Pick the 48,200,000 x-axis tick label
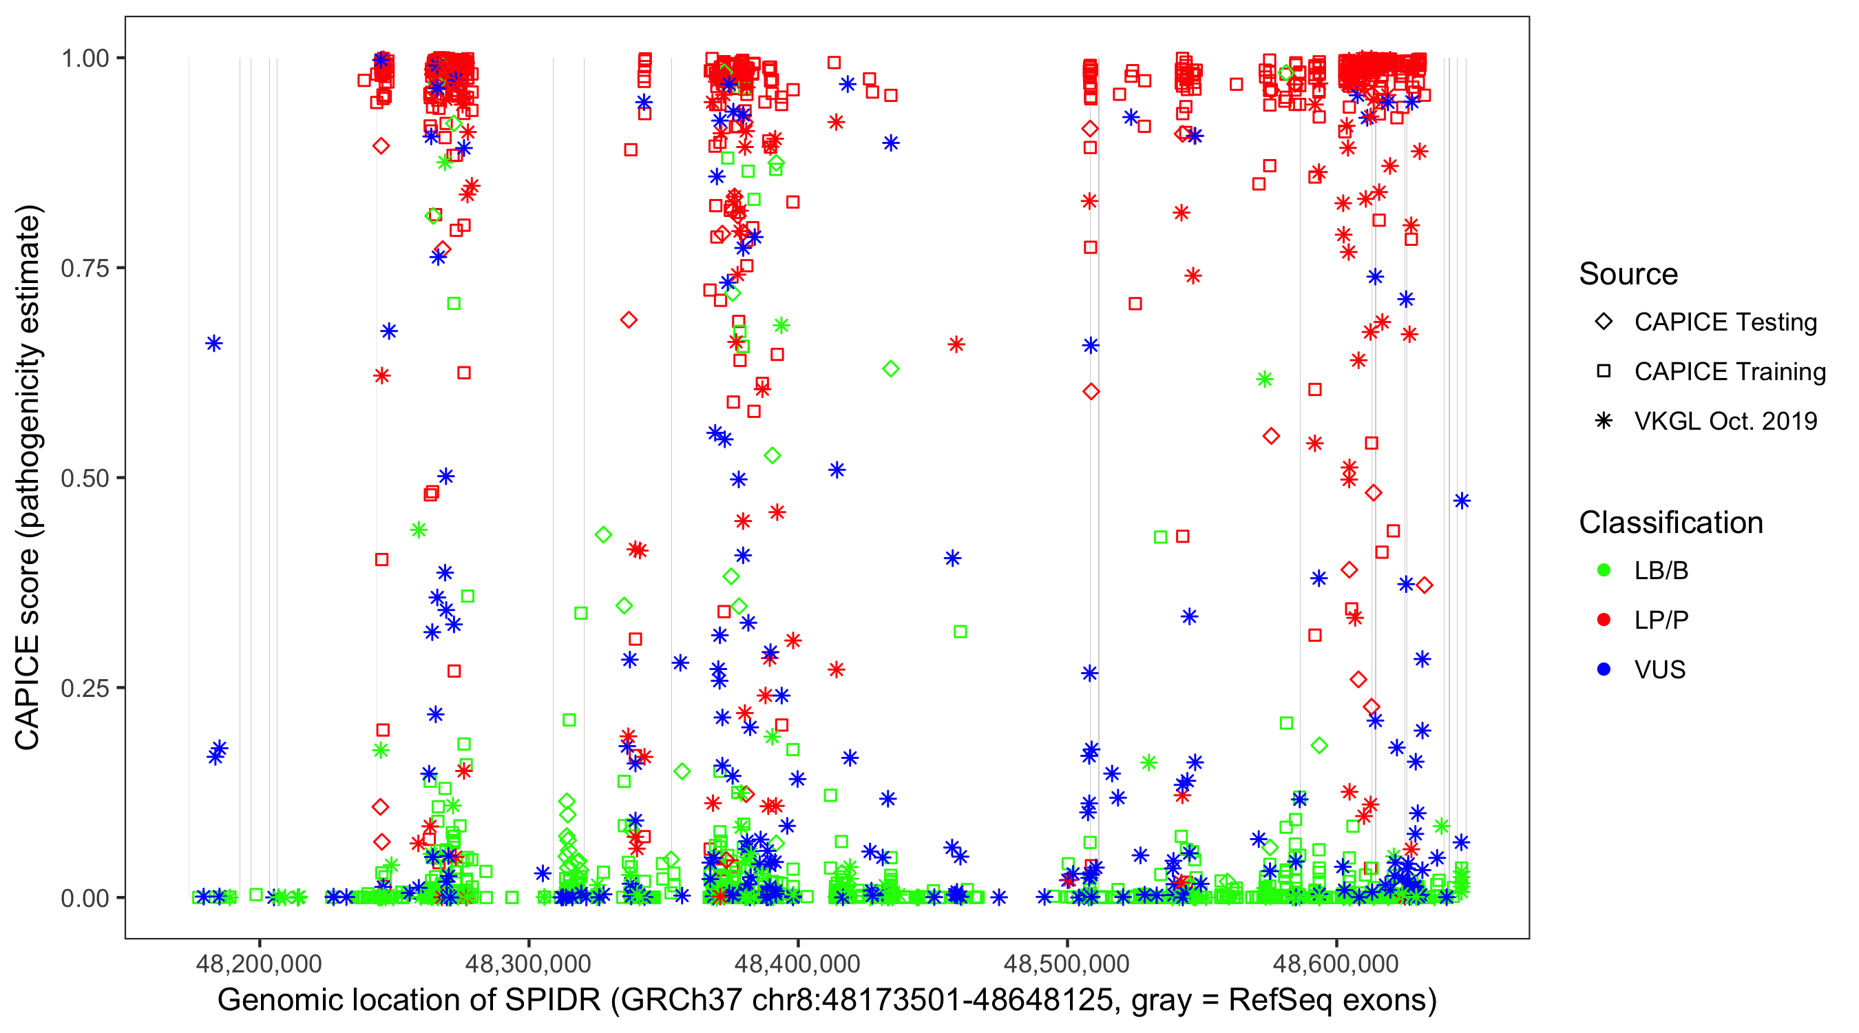pyautogui.click(x=259, y=963)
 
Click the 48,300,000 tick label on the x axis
pyautogui.click(x=528, y=963)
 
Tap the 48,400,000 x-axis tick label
pyautogui.click(x=797, y=963)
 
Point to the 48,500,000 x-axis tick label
pyautogui.click(x=1067, y=963)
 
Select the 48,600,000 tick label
pyautogui.click(x=1336, y=963)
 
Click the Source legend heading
pyautogui.click(x=1628, y=274)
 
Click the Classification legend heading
pyautogui.click(x=1670, y=523)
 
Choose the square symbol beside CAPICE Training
pyautogui.click(x=1604, y=372)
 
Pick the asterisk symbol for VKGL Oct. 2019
pyautogui.click(x=1604, y=421)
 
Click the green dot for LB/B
pyautogui.click(x=1604, y=570)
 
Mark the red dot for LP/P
pyautogui.click(x=1604, y=620)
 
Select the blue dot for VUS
pyautogui.click(x=1604, y=669)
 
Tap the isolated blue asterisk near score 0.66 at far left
pyautogui.click(x=213, y=344)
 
